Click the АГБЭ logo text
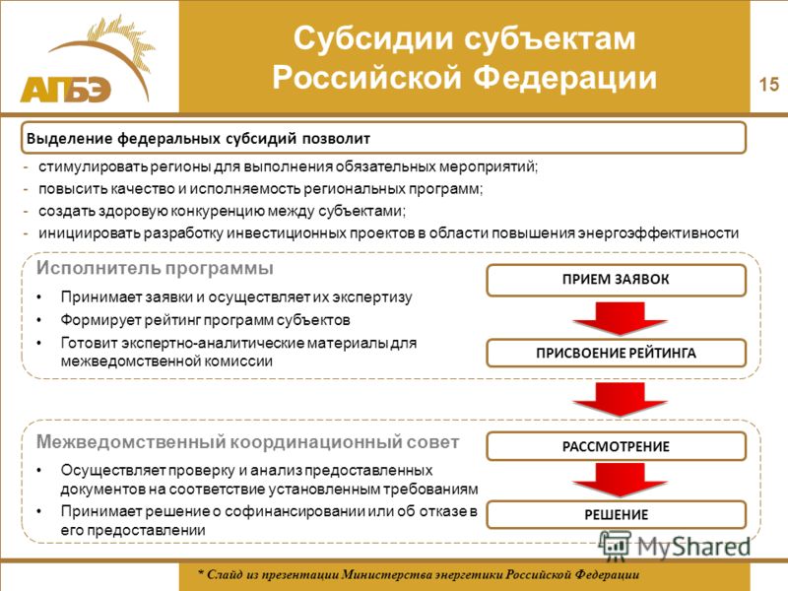[x=65, y=90]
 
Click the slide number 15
[x=768, y=84]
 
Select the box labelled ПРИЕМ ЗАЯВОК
[x=617, y=280]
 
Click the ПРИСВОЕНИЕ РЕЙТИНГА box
[x=617, y=354]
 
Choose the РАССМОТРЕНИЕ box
[x=617, y=446]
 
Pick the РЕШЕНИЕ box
[x=617, y=514]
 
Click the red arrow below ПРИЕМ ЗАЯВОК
[x=620, y=318]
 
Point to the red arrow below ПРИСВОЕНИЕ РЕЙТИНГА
[x=620, y=399]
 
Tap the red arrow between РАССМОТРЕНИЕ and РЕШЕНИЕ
[x=620, y=480]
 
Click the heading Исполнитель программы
[x=155, y=268]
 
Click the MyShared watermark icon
[x=614, y=546]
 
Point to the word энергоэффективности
[x=658, y=233]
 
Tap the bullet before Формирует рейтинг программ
[x=39, y=320]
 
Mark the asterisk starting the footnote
[x=201, y=573]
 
